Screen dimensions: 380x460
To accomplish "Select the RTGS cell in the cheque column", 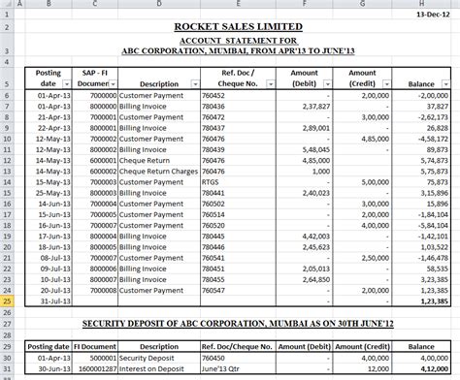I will (211, 179).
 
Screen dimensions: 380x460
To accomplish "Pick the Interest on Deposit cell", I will (152, 369).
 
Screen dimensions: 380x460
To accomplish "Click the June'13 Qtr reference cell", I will (223, 369).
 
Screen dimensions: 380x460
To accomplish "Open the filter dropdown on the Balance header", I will (445, 84).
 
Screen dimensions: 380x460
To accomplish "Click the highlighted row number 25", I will (9, 301).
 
